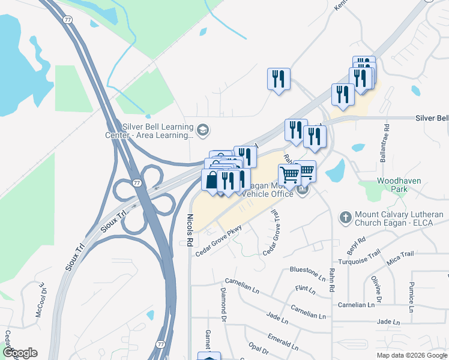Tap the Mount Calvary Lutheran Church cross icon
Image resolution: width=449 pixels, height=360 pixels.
(345, 217)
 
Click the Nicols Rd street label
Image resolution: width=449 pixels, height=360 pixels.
(190, 230)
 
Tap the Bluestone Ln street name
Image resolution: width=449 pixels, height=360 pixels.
(307, 273)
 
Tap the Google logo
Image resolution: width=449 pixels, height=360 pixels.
(20, 353)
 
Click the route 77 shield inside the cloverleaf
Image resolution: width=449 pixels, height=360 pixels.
(137, 182)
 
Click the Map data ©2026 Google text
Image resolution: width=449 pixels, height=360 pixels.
(411, 355)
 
